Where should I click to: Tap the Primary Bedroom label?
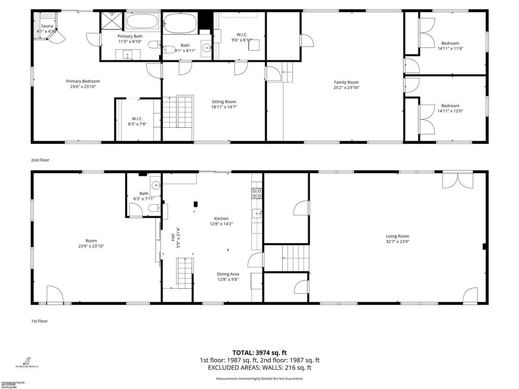(83, 81)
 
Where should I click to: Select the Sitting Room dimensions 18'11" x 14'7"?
(224, 107)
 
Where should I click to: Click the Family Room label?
(346, 82)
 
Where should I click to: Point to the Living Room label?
(397, 236)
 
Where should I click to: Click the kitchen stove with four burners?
(257, 192)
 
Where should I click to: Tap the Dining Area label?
(228, 274)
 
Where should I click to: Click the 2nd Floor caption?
(40, 160)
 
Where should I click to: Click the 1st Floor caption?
(40, 321)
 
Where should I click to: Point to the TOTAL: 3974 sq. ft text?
(259, 352)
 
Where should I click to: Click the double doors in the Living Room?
(457, 181)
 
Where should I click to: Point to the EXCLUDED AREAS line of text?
(259, 368)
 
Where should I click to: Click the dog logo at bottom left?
(23, 360)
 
